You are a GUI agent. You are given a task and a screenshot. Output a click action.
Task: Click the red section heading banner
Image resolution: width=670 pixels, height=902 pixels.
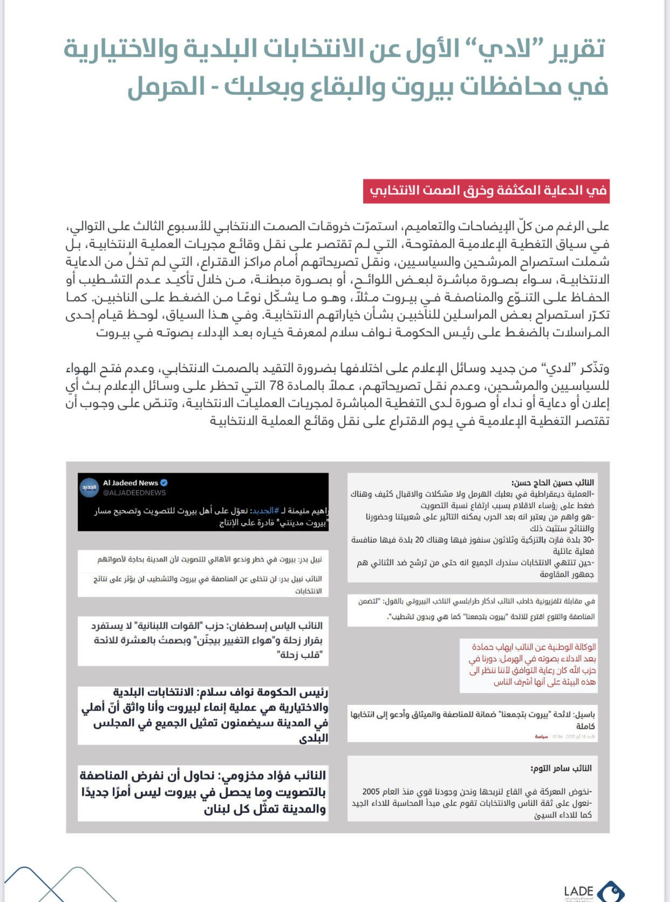pyautogui.click(x=486, y=190)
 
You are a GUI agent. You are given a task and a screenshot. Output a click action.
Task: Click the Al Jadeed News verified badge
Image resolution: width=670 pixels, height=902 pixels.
pyautogui.click(x=164, y=483)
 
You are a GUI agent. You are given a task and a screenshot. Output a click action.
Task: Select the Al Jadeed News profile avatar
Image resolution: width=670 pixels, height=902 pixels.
pyautogui.click(x=89, y=487)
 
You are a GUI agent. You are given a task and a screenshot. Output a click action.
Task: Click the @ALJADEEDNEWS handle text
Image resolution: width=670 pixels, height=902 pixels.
pyautogui.click(x=134, y=493)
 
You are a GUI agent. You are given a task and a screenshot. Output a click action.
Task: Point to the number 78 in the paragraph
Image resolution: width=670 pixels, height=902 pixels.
pyautogui.click(x=276, y=386)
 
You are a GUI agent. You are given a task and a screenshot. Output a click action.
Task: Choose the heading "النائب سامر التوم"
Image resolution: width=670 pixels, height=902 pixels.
pyautogui.click(x=561, y=768)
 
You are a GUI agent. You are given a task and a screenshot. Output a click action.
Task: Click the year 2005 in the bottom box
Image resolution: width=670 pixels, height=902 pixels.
pyautogui.click(x=371, y=791)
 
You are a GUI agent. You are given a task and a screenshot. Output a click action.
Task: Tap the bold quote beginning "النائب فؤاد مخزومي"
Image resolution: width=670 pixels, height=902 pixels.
pyautogui.click(x=203, y=792)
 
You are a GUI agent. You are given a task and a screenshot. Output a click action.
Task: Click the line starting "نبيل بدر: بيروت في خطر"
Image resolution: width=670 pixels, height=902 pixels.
pyautogui.click(x=209, y=559)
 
